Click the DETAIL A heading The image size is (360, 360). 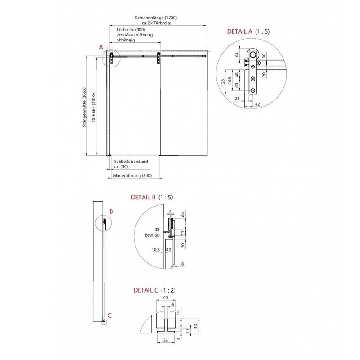point(248,31)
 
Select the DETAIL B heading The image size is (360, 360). point(152,197)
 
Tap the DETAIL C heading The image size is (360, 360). point(154,290)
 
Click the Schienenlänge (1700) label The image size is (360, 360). point(156,18)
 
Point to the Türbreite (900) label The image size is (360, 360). point(130,30)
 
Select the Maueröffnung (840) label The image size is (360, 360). point(132,175)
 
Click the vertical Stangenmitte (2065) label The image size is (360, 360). point(85,107)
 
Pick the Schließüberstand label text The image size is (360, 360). point(131,162)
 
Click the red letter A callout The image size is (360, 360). point(101,48)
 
